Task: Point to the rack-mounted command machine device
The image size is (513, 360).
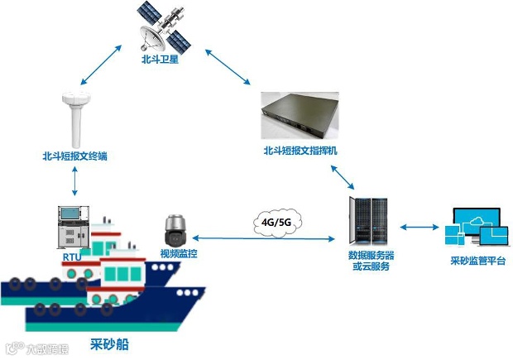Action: (300, 116)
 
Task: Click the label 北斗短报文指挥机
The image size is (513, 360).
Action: (300, 151)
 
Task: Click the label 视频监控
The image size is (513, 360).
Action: (180, 252)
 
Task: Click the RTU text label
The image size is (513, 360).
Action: (72, 258)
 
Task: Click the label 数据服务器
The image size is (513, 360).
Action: (371, 255)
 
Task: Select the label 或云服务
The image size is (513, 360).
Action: (371, 266)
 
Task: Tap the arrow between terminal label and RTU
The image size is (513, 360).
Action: (75, 179)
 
